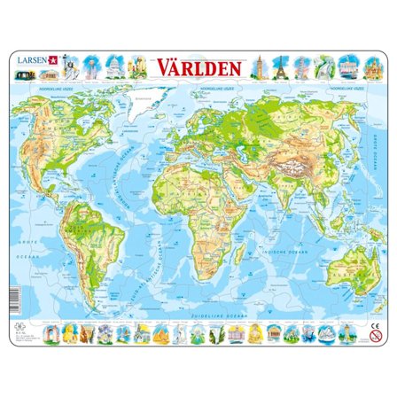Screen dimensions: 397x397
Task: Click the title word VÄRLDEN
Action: [198, 68]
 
